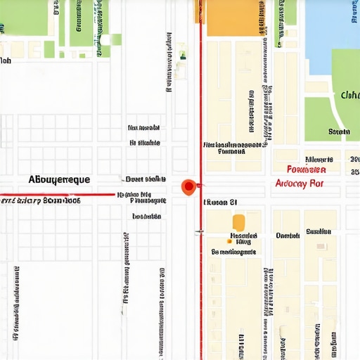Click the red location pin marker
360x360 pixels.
(188, 186)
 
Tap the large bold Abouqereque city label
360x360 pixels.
(59, 180)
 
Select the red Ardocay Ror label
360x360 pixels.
(298, 184)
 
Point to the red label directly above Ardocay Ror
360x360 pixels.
(307, 169)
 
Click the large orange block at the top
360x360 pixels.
(232, 17)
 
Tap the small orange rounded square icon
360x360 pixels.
(238, 221)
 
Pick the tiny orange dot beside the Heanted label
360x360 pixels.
(229, 241)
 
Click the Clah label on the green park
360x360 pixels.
(349, 96)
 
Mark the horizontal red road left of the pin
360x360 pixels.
(56, 194)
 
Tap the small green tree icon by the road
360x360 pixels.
(183, 54)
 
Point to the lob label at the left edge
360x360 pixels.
(6, 61)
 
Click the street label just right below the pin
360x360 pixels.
(219, 202)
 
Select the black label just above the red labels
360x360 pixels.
(319, 159)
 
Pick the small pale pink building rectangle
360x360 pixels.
(321, 246)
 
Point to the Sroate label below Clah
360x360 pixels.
(339, 131)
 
